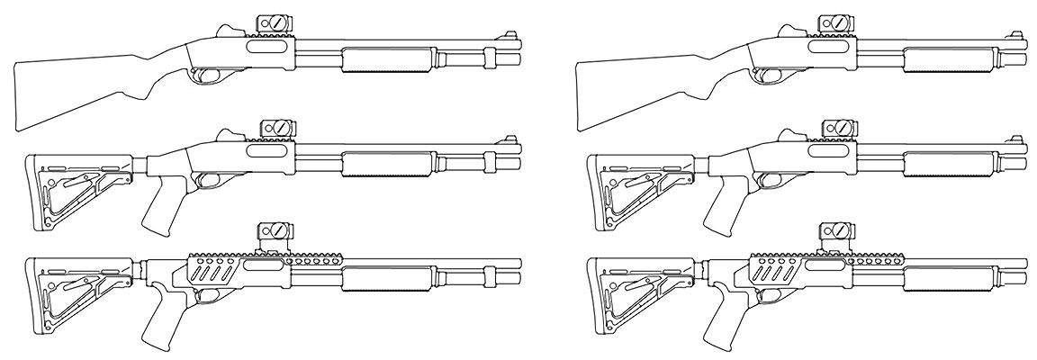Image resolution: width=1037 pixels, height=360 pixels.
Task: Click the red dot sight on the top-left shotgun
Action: pyautogui.click(x=274, y=23)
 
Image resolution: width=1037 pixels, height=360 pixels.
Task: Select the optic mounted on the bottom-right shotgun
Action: pyautogui.click(x=834, y=235)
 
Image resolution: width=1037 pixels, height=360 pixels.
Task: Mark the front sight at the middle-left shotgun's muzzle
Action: pyautogui.click(x=513, y=142)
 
